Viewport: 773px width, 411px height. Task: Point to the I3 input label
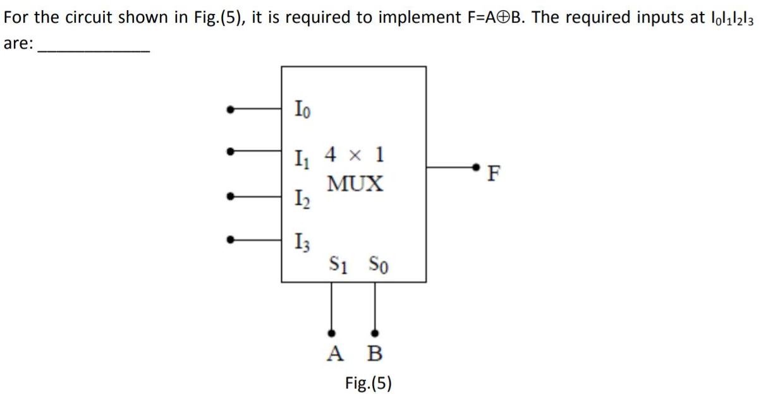(x=302, y=241)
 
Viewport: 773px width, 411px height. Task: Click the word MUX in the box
(x=355, y=184)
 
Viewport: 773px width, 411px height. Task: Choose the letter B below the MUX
(x=375, y=353)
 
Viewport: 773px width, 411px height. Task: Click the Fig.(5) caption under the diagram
(x=368, y=383)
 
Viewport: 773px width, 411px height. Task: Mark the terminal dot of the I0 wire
(x=232, y=110)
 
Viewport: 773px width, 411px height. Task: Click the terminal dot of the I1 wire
(x=232, y=152)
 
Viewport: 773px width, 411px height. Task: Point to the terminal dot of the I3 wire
(x=232, y=239)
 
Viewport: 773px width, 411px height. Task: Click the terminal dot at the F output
(x=480, y=167)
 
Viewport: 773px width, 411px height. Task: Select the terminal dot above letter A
(x=331, y=332)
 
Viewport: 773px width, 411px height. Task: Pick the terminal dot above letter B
(x=375, y=332)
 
